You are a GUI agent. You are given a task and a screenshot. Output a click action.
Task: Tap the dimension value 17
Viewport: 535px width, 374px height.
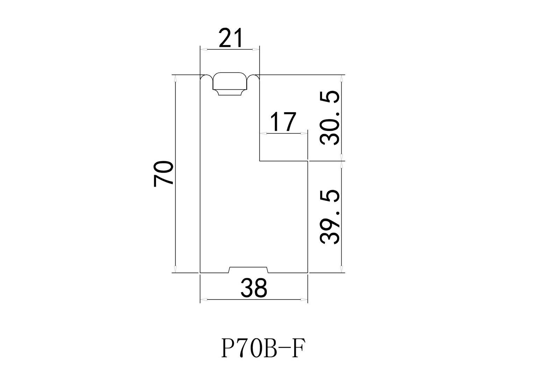(283, 122)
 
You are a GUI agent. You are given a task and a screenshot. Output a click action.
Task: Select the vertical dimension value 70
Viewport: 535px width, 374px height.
(163, 174)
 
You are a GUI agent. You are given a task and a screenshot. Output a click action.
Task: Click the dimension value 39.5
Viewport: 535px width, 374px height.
(329, 217)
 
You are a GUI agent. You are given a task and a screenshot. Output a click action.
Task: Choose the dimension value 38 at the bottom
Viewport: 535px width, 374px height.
(254, 288)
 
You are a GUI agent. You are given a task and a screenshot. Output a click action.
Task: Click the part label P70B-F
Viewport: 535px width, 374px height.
(261, 348)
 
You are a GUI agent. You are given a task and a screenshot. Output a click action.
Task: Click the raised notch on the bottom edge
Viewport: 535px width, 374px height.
(249, 269)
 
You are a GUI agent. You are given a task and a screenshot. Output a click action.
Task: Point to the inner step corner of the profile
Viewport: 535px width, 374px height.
(260, 161)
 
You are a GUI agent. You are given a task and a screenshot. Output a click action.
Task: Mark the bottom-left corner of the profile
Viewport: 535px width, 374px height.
(200, 272)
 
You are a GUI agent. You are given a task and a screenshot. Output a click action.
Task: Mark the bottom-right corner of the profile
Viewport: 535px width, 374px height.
(308, 272)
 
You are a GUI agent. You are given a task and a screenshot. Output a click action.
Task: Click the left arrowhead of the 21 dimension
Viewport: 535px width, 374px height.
(203, 50)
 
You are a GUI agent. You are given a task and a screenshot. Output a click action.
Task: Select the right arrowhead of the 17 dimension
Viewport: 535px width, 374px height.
(305, 133)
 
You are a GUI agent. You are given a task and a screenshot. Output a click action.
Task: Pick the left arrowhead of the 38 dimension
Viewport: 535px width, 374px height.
(203, 299)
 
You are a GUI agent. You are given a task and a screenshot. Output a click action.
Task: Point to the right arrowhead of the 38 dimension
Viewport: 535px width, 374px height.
(305, 299)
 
